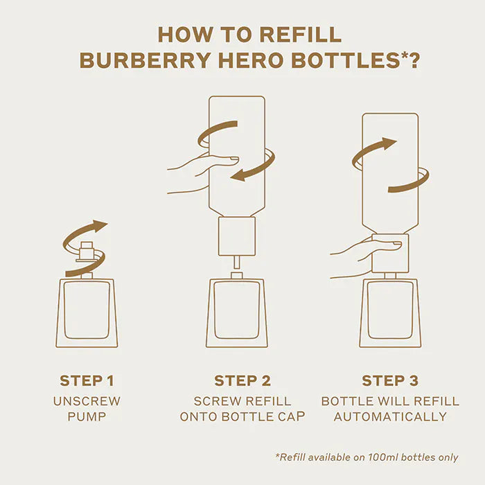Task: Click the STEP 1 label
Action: (87, 380)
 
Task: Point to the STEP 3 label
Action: (389, 380)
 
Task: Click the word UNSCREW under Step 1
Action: (87, 401)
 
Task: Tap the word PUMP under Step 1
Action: (87, 416)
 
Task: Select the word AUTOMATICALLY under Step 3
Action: (390, 416)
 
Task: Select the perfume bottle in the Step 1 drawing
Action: (87, 312)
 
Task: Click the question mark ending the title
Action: (414, 60)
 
